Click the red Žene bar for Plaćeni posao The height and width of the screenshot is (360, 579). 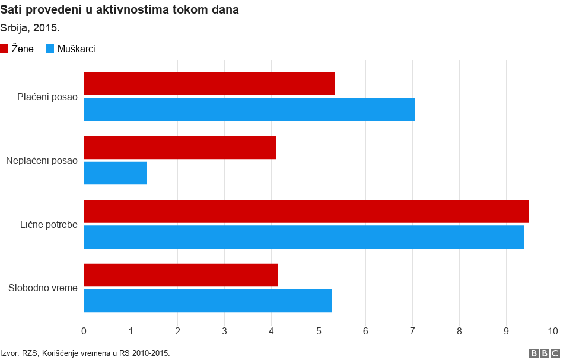(x=209, y=84)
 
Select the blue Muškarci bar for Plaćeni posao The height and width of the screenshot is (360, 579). (x=249, y=110)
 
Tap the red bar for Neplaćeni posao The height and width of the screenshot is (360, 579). (x=180, y=148)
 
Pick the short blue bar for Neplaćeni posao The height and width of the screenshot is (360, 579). (x=115, y=173)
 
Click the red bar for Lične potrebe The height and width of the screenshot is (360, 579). (x=306, y=211)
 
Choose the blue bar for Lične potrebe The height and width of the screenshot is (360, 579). (x=304, y=237)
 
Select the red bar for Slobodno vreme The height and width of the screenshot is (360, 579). (x=180, y=275)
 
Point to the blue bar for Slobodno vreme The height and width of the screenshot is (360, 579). (x=208, y=301)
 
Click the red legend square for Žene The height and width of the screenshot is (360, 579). (x=4, y=49)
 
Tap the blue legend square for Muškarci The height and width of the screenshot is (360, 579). (x=50, y=49)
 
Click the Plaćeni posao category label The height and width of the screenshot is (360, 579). (x=47, y=97)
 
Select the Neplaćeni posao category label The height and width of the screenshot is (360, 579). (x=42, y=161)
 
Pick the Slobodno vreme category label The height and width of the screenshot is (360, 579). (x=43, y=288)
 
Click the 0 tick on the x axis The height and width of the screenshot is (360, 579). (x=84, y=330)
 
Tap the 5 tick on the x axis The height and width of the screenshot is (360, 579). (x=319, y=330)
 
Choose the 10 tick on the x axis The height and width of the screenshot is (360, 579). (x=553, y=330)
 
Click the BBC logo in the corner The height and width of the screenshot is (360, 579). (x=544, y=353)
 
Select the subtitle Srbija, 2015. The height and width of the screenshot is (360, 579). (x=30, y=28)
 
